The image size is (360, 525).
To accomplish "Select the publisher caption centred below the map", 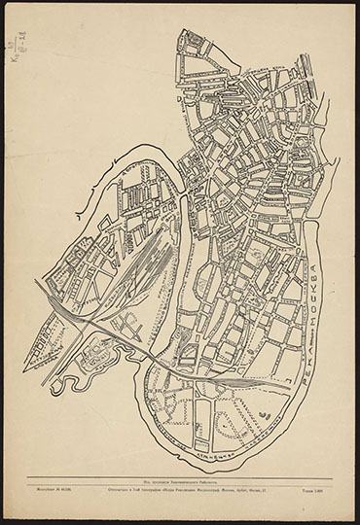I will coord(180,480).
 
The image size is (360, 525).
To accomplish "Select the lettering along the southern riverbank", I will coord(234,449).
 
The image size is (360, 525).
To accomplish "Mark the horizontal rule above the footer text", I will coord(180,475).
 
